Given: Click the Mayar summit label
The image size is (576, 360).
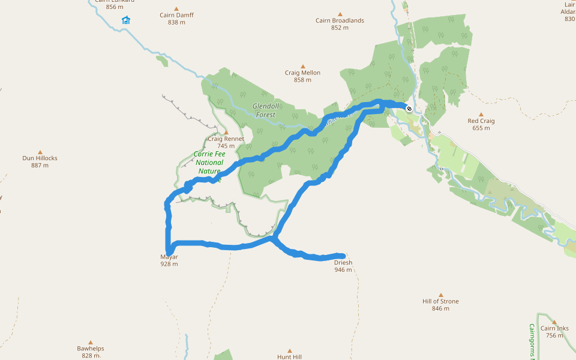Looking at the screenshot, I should pos(169,257).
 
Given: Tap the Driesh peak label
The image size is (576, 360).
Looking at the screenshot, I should pos(343,263).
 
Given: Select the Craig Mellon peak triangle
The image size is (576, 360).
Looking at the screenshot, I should pos(302,66).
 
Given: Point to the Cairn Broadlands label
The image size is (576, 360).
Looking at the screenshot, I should pos(340,20).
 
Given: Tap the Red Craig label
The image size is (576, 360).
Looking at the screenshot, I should pos(481,121).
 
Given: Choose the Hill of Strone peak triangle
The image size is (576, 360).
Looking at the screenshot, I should pos(440,295).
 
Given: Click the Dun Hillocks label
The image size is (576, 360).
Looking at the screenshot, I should pos(40,158).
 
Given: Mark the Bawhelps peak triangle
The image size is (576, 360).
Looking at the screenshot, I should pos(91,342).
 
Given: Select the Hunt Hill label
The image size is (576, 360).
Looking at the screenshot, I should pos(289,356).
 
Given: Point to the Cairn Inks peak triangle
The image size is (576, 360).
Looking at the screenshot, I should pos(554,322).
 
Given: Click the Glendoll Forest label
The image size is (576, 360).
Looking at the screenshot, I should pos(264,110).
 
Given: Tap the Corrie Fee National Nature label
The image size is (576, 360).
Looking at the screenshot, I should pos(209,163).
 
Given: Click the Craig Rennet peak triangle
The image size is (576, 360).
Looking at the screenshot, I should pos(226,132).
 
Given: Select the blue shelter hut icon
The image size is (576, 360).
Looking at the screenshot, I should pos(126,20).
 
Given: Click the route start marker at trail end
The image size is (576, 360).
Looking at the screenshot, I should pos(409,109).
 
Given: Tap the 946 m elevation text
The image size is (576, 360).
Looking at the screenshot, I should pos(343,270).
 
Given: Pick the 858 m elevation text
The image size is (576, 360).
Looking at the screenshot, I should pos(302,80).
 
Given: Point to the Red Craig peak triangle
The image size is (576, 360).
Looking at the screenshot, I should pos(481,114).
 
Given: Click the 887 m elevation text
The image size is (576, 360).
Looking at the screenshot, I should pos(40,166).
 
